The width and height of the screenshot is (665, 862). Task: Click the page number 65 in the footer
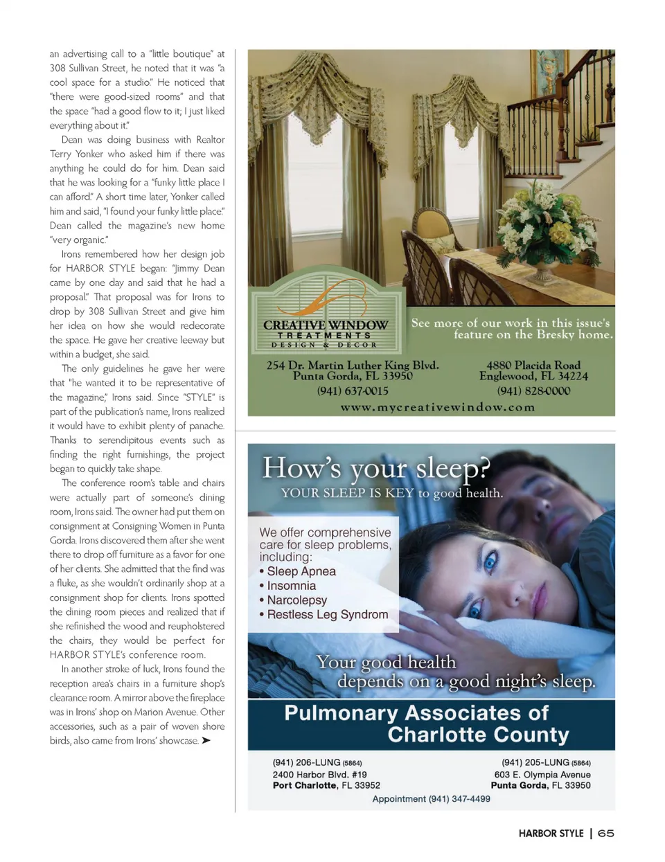click(x=605, y=833)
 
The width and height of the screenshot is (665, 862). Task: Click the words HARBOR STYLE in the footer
click(x=551, y=833)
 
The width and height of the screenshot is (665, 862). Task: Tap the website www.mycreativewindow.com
click(x=437, y=407)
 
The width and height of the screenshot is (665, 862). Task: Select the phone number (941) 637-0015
click(x=353, y=391)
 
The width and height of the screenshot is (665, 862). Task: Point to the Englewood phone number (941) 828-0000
click(x=533, y=391)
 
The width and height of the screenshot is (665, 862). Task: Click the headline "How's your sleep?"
click(x=376, y=469)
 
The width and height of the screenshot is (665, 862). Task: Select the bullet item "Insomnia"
click(x=291, y=586)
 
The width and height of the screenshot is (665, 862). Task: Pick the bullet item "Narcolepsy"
click(x=296, y=600)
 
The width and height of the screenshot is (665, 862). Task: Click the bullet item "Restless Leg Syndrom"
click(x=327, y=615)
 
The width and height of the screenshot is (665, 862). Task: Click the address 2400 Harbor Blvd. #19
click(x=319, y=775)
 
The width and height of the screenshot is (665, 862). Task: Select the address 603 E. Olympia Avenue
click(x=542, y=775)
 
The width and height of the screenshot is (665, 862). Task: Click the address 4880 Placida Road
click(x=533, y=365)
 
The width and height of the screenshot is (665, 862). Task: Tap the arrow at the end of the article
click(x=206, y=741)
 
